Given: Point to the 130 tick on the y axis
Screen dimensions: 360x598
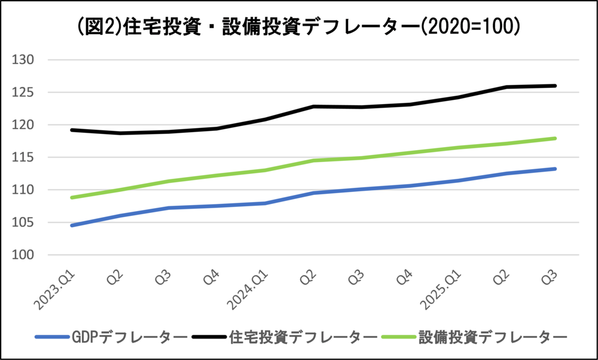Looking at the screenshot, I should click(x=25, y=60).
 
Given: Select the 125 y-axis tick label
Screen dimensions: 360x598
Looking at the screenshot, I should click(x=25, y=93).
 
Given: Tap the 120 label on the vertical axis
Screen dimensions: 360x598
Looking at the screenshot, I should click(x=25, y=125).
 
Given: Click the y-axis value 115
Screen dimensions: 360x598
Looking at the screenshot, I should click(x=25, y=158).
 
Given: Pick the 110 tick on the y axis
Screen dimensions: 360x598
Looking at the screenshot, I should click(x=25, y=190).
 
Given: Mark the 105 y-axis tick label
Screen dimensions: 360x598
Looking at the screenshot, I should click(x=25, y=223).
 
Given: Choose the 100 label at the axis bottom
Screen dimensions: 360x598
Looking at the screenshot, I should click(x=25, y=255).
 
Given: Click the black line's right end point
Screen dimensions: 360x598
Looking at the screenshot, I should click(x=556, y=86).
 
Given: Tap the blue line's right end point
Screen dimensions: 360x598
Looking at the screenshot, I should click(x=556, y=169).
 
